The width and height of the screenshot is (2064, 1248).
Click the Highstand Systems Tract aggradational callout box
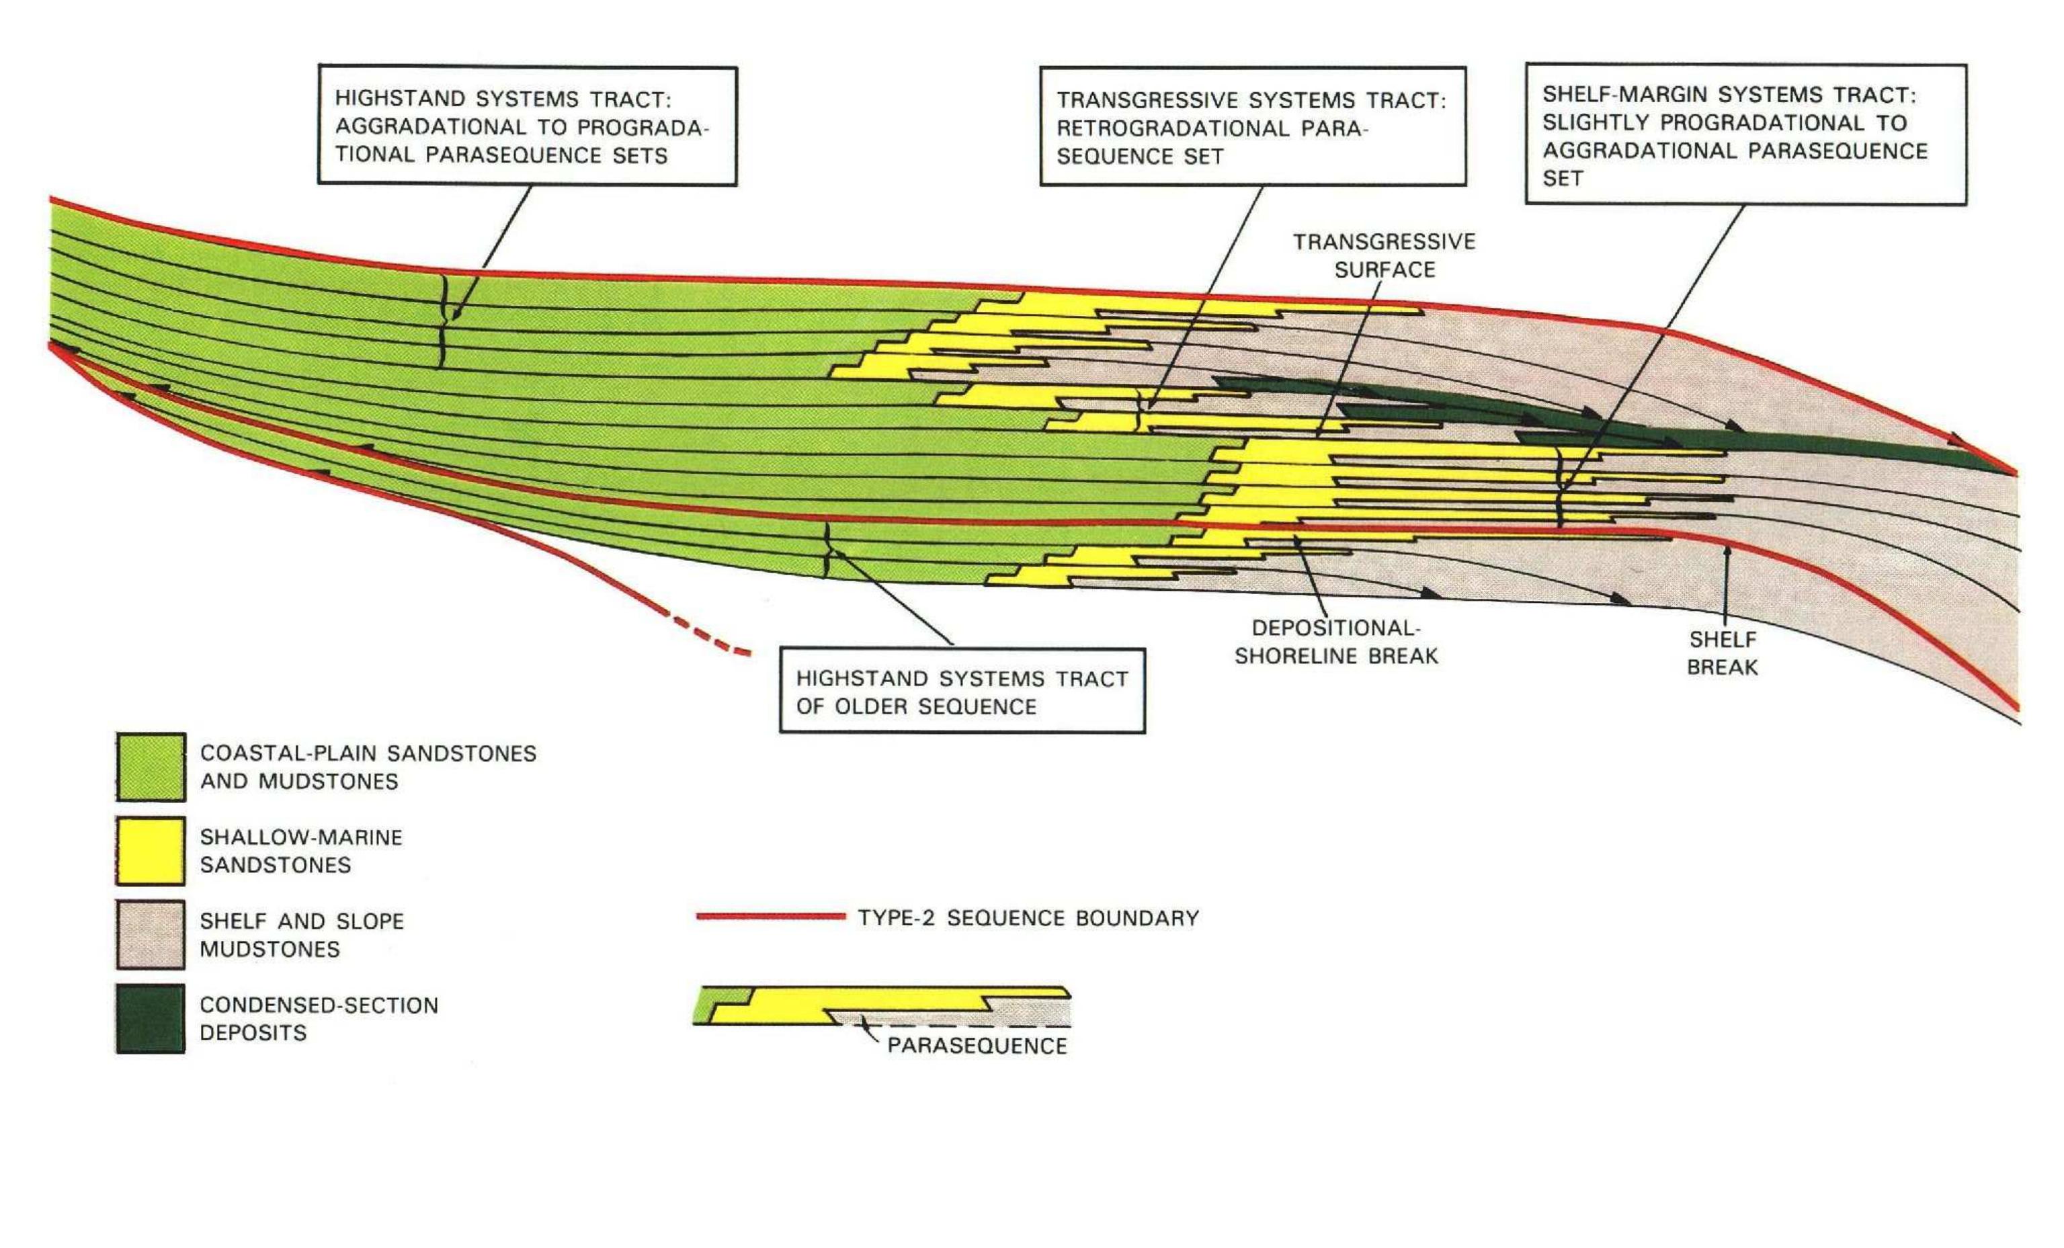(527, 126)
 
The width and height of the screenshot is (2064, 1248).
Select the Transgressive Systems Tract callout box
(1253, 126)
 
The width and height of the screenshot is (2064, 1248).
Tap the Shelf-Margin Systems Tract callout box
(1745, 134)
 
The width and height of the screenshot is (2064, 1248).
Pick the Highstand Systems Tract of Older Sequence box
(962, 691)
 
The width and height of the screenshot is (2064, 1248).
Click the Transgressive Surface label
(1384, 255)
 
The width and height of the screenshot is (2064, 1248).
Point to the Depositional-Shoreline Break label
(1336, 642)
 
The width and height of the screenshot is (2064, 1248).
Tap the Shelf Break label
(1722, 653)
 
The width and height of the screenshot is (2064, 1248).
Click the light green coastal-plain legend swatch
(150, 766)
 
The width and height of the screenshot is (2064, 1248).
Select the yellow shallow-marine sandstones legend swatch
(150, 851)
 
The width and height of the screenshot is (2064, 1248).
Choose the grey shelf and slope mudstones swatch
(150, 935)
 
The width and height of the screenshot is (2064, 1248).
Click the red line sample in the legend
(771, 916)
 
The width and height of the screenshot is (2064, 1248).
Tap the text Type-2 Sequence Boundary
(1028, 918)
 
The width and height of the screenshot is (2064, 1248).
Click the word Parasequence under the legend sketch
(977, 1045)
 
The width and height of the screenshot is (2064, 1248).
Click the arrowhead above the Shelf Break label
(1725, 551)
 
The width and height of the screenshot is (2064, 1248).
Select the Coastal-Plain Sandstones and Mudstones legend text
(368, 767)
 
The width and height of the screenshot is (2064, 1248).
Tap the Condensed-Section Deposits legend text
(319, 1019)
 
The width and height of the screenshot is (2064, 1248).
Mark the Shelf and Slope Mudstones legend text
(302, 935)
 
